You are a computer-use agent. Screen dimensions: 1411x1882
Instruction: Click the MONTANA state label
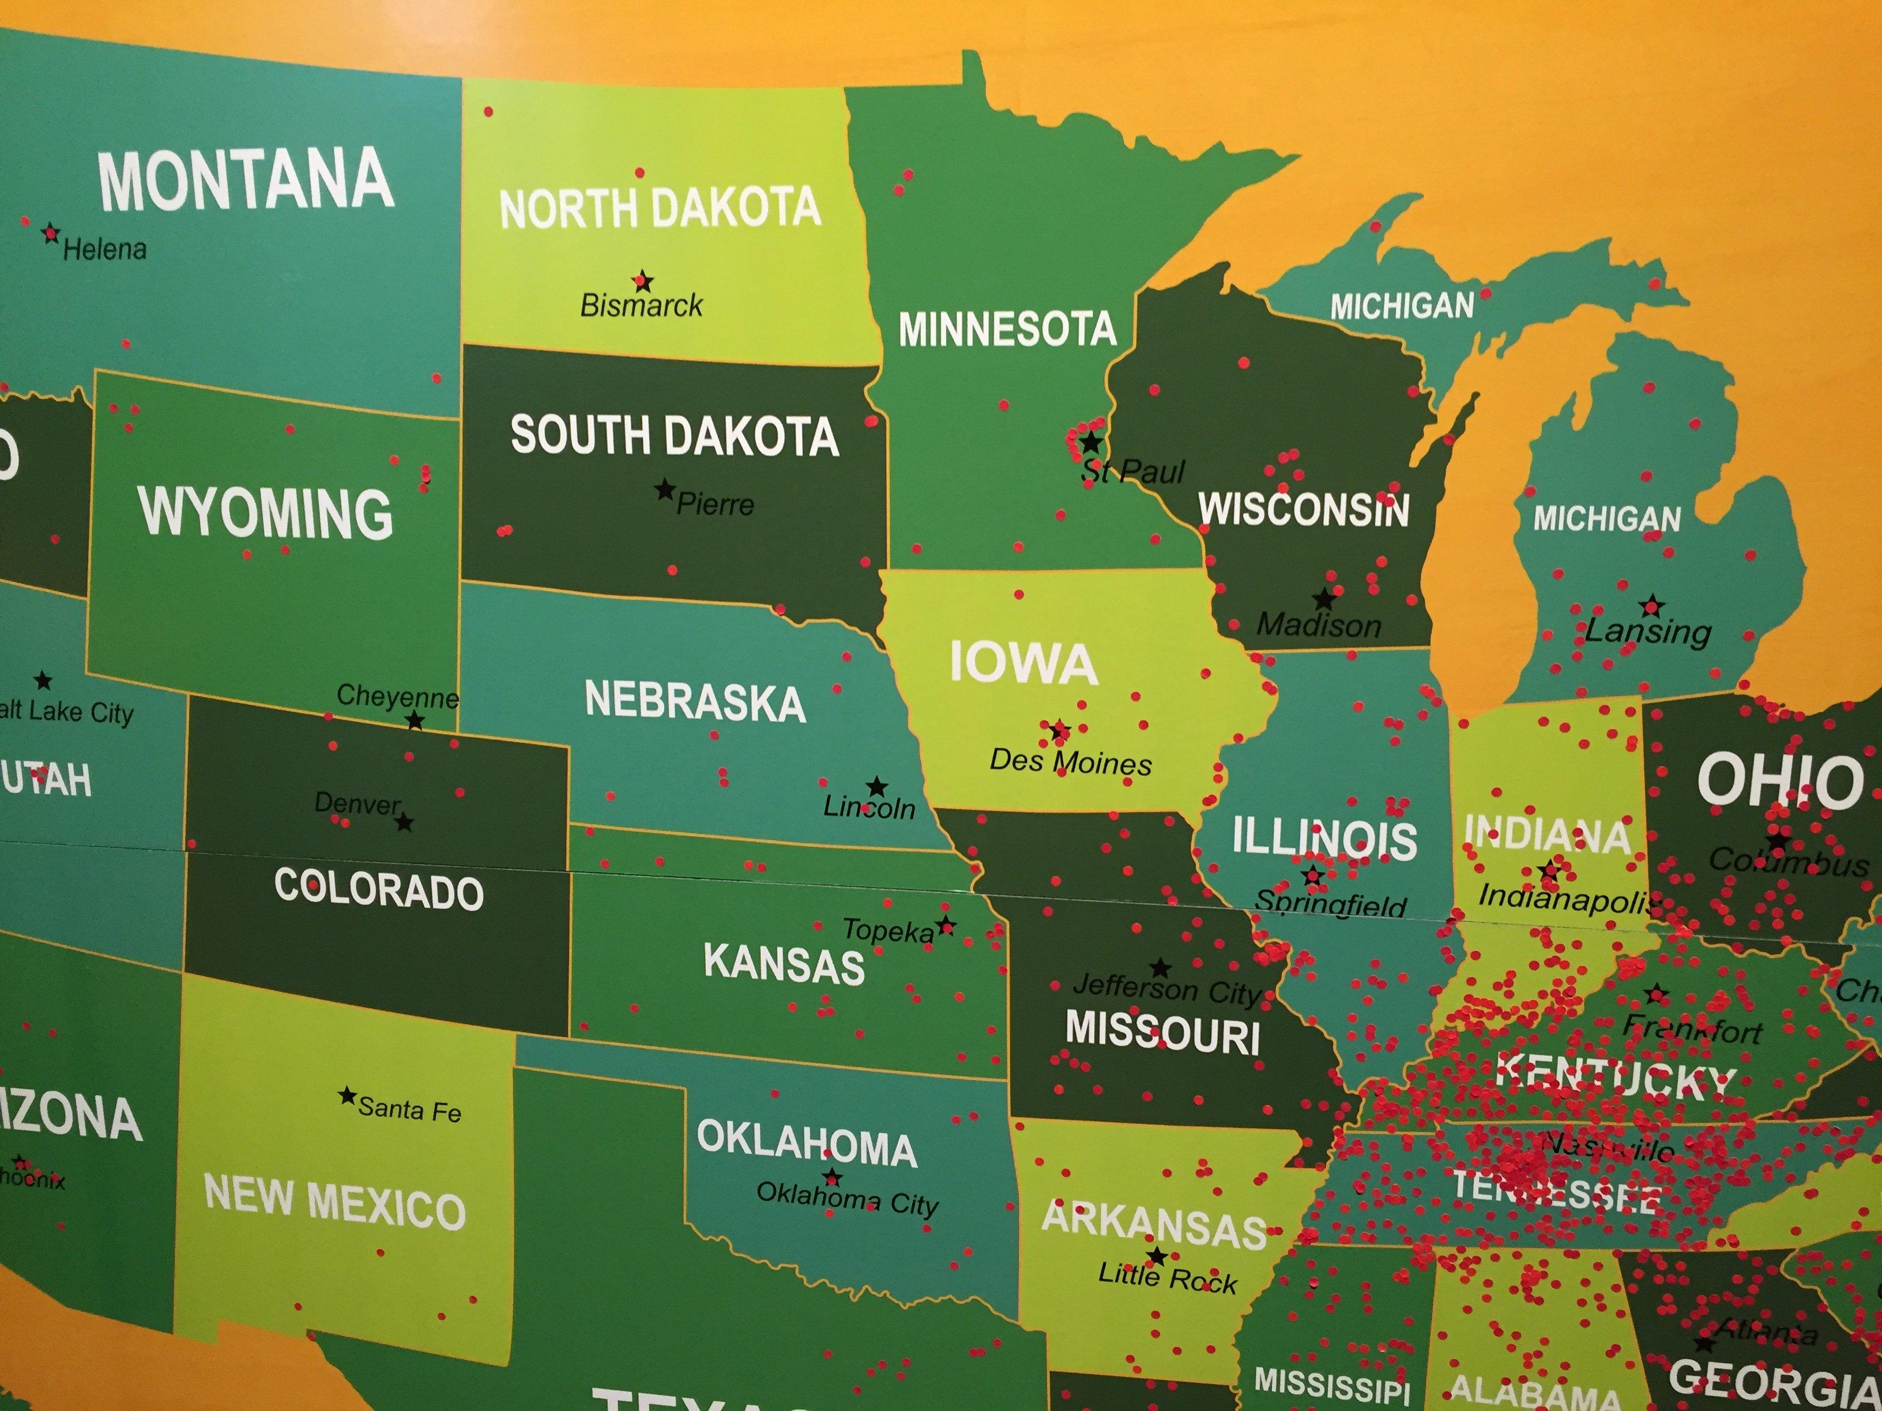click(x=246, y=180)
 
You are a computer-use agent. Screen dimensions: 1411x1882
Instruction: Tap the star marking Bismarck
click(x=643, y=281)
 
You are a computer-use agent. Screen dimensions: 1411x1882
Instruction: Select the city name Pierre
click(x=714, y=505)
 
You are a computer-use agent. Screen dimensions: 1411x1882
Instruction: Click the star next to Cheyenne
click(x=415, y=721)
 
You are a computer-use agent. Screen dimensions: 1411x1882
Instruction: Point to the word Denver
click(x=356, y=803)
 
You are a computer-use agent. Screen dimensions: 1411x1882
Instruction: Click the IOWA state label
click(x=1023, y=663)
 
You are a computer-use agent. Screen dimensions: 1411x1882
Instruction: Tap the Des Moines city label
click(x=1070, y=762)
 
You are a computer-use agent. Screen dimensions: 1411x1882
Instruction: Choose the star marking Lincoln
click(x=876, y=787)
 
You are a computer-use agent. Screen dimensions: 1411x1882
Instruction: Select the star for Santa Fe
click(x=347, y=1096)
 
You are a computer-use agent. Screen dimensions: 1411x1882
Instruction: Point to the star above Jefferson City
click(x=1160, y=968)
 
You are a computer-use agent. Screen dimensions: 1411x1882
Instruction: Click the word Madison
click(x=1319, y=626)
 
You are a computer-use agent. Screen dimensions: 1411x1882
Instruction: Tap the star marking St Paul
click(x=1091, y=443)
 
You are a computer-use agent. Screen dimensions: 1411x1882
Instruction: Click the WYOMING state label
click(x=265, y=513)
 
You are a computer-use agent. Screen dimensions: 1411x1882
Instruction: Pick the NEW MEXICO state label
click(x=335, y=1202)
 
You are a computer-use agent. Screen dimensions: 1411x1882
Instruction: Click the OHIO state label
click(x=1779, y=781)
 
